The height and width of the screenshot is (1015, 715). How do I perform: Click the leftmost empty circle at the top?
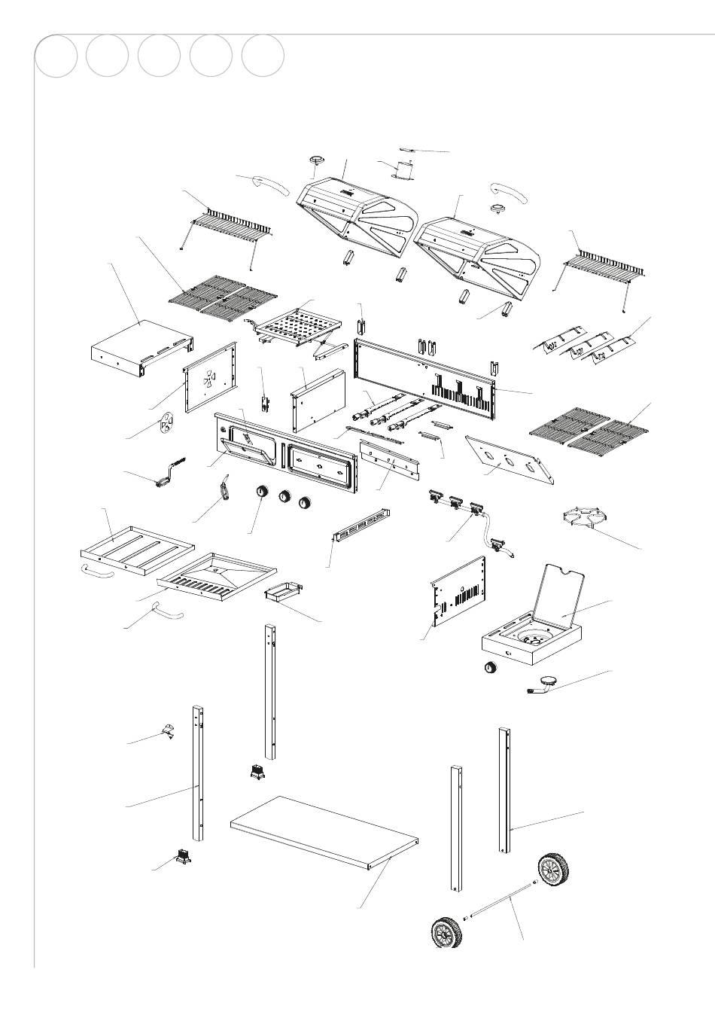pos(56,56)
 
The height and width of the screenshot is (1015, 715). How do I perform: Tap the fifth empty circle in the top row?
pos(263,56)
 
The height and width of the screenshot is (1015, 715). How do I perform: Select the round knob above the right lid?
pos(500,209)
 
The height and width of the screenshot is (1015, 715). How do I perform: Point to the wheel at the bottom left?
pos(446,933)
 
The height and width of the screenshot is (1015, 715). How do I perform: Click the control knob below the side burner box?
pos(491,668)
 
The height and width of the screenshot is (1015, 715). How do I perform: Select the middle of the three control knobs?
pos(285,498)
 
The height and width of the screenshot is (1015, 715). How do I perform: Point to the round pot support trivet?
pos(585,518)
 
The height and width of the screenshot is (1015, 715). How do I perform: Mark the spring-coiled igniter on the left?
pos(169,474)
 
